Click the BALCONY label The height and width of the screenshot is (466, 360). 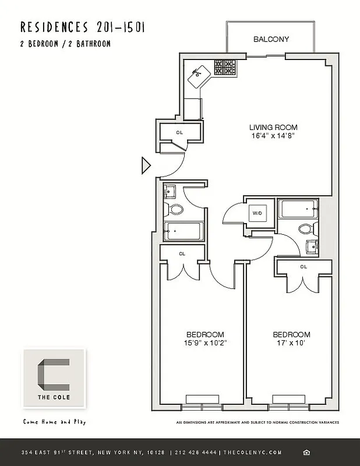click(271, 40)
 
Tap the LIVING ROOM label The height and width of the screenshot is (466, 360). click(273, 128)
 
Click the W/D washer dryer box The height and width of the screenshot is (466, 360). click(257, 213)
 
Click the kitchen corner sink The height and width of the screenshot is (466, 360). click(200, 72)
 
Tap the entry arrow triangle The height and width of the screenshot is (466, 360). click(146, 166)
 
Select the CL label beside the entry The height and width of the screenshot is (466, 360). click(179, 133)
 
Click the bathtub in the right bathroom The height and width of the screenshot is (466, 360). click(298, 209)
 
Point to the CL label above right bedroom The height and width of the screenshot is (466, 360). click(303, 267)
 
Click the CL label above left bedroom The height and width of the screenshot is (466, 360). click(182, 253)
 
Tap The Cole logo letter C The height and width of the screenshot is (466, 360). click(54, 378)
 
